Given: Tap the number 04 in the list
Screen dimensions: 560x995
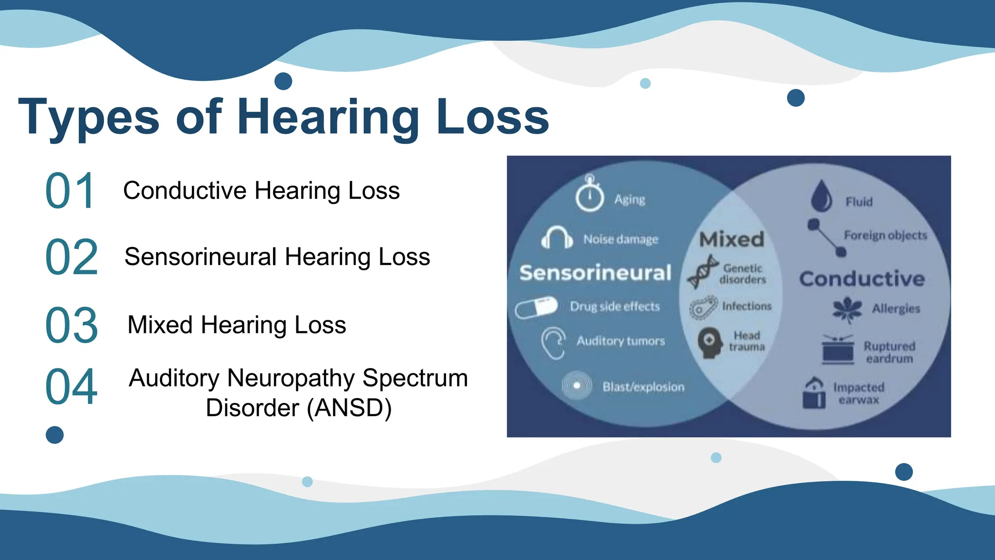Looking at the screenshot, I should (x=71, y=387).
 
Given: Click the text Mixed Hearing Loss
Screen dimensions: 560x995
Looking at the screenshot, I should (x=237, y=325).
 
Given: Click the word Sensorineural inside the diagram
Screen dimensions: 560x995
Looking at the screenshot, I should (x=595, y=273).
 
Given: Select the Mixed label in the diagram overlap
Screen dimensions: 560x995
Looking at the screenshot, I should (x=731, y=239).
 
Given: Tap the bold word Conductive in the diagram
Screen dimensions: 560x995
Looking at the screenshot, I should (x=862, y=279).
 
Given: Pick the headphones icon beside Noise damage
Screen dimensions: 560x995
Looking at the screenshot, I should (x=557, y=238).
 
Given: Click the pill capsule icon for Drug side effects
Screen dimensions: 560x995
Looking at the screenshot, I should (x=536, y=308).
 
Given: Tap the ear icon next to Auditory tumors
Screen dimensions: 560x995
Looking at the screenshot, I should (x=554, y=342).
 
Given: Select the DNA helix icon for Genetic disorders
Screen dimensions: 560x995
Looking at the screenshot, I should (x=702, y=272).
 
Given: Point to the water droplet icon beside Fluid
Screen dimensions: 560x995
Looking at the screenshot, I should (x=821, y=196).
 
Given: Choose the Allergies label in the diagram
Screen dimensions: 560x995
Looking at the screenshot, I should (x=896, y=309).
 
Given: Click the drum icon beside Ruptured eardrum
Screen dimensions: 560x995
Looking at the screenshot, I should (x=838, y=350).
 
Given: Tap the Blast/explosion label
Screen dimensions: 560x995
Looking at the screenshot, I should (x=643, y=387).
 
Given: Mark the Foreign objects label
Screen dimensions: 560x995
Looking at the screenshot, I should (x=885, y=235).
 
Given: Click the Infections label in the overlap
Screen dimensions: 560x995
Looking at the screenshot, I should (x=747, y=306).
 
